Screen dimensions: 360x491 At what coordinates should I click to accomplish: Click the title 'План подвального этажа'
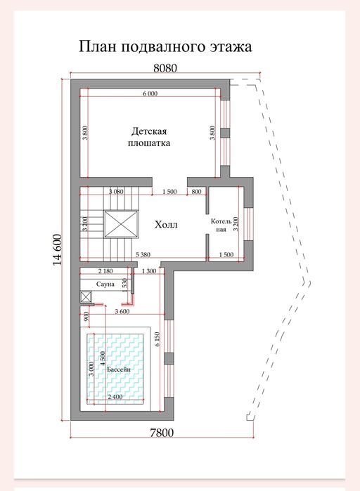point(165,46)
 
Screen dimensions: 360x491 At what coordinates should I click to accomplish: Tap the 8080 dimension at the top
point(165,68)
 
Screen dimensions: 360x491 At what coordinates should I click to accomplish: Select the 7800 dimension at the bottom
point(162,433)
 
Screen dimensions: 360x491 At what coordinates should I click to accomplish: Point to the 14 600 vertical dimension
point(58,249)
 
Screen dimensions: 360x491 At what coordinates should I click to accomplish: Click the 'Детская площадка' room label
point(149,137)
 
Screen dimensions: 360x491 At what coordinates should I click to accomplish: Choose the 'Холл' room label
point(166,225)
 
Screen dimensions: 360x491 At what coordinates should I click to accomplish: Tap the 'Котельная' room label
point(221,225)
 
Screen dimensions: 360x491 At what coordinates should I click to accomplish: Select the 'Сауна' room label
point(105,284)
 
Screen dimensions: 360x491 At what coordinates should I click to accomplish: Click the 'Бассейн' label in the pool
point(119,369)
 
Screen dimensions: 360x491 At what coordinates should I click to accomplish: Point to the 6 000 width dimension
point(150,93)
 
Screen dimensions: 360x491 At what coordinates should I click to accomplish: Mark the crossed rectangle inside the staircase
point(121,225)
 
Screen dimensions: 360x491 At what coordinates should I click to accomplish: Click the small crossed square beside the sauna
point(86,296)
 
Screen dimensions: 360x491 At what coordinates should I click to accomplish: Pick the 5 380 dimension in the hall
point(143,254)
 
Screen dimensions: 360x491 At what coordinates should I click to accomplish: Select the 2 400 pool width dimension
point(115,397)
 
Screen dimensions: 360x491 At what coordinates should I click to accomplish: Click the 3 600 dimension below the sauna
point(122,312)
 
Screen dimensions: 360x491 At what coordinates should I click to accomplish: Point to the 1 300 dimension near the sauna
point(149,271)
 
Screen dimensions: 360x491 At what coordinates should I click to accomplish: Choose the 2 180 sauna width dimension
point(105,271)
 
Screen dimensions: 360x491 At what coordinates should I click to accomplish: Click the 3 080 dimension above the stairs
point(116,191)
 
